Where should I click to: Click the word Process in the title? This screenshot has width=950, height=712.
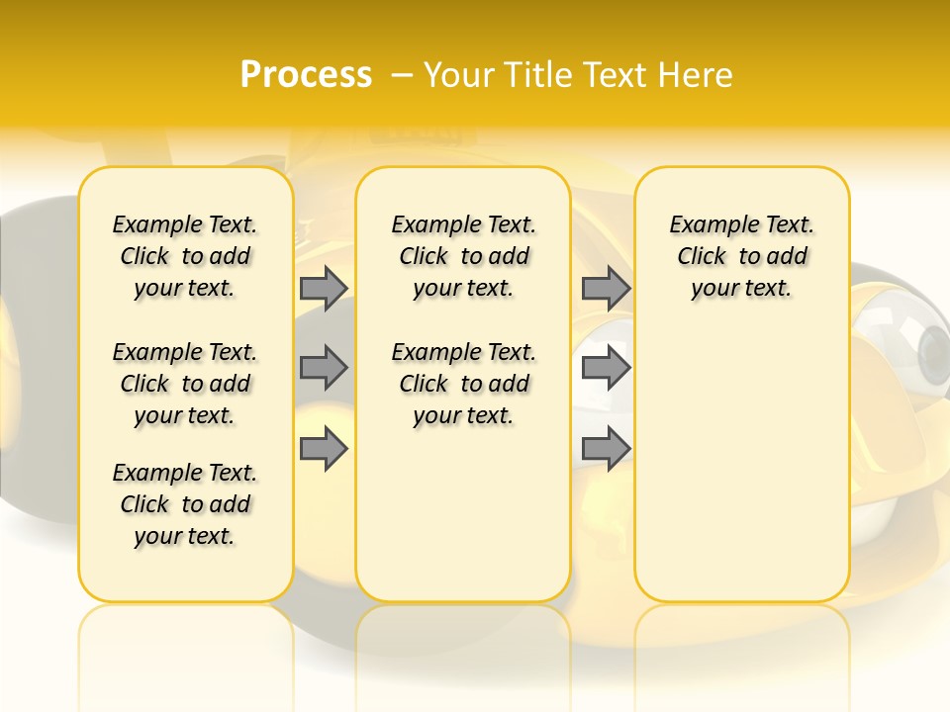[x=306, y=75]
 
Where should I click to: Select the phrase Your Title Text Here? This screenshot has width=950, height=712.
[x=578, y=75]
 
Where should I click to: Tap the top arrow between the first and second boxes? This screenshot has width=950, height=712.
[x=324, y=288]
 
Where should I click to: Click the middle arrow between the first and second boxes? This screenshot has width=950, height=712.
[x=324, y=368]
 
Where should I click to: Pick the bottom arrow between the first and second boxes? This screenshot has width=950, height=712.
[x=324, y=449]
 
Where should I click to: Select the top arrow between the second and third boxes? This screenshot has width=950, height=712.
[x=606, y=288]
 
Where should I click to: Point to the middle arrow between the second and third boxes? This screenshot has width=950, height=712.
[x=606, y=368]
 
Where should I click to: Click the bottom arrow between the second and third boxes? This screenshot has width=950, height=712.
[x=606, y=448]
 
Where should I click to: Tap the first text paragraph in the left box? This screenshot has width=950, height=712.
[x=185, y=256]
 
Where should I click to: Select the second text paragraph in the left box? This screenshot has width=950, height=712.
[x=185, y=384]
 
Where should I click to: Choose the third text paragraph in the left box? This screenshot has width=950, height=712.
[x=185, y=504]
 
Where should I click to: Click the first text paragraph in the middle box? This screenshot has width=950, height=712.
[x=463, y=256]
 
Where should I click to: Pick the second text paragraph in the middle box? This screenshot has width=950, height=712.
[x=463, y=384]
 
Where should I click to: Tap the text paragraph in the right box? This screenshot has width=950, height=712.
[x=741, y=256]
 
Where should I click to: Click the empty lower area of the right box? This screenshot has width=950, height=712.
[x=741, y=475]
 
